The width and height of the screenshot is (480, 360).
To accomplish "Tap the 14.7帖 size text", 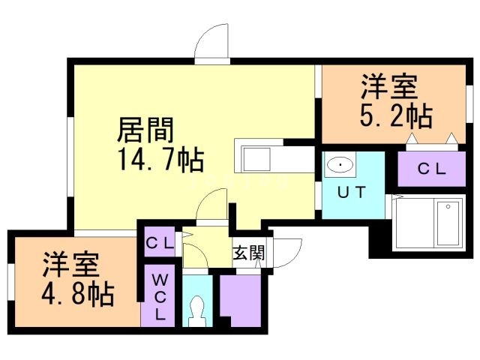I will coord(159,160).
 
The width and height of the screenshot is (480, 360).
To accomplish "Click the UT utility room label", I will coord(352,192).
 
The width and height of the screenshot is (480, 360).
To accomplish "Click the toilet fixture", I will coord(198,309).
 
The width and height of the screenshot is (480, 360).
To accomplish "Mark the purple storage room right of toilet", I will coord(238,300).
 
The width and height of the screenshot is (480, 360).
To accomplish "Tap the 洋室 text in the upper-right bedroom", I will coord(388,87).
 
